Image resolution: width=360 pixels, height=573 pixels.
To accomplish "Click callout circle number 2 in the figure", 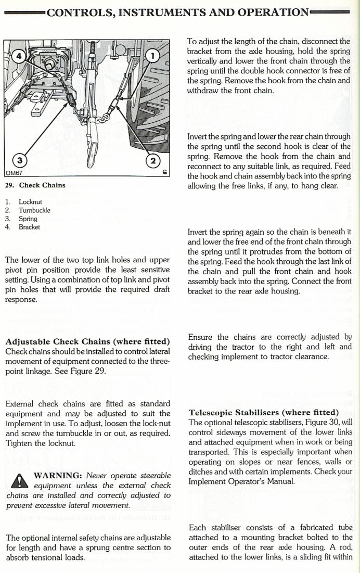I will tap(152, 160).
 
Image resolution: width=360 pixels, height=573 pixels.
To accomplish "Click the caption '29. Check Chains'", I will tap(35, 185).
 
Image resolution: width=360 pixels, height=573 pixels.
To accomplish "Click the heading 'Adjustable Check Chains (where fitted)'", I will tap(87, 342).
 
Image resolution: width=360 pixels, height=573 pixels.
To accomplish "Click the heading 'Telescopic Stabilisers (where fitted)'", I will tap(264, 413).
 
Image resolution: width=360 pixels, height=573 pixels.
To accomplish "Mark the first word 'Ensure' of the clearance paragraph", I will tap(200, 337).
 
